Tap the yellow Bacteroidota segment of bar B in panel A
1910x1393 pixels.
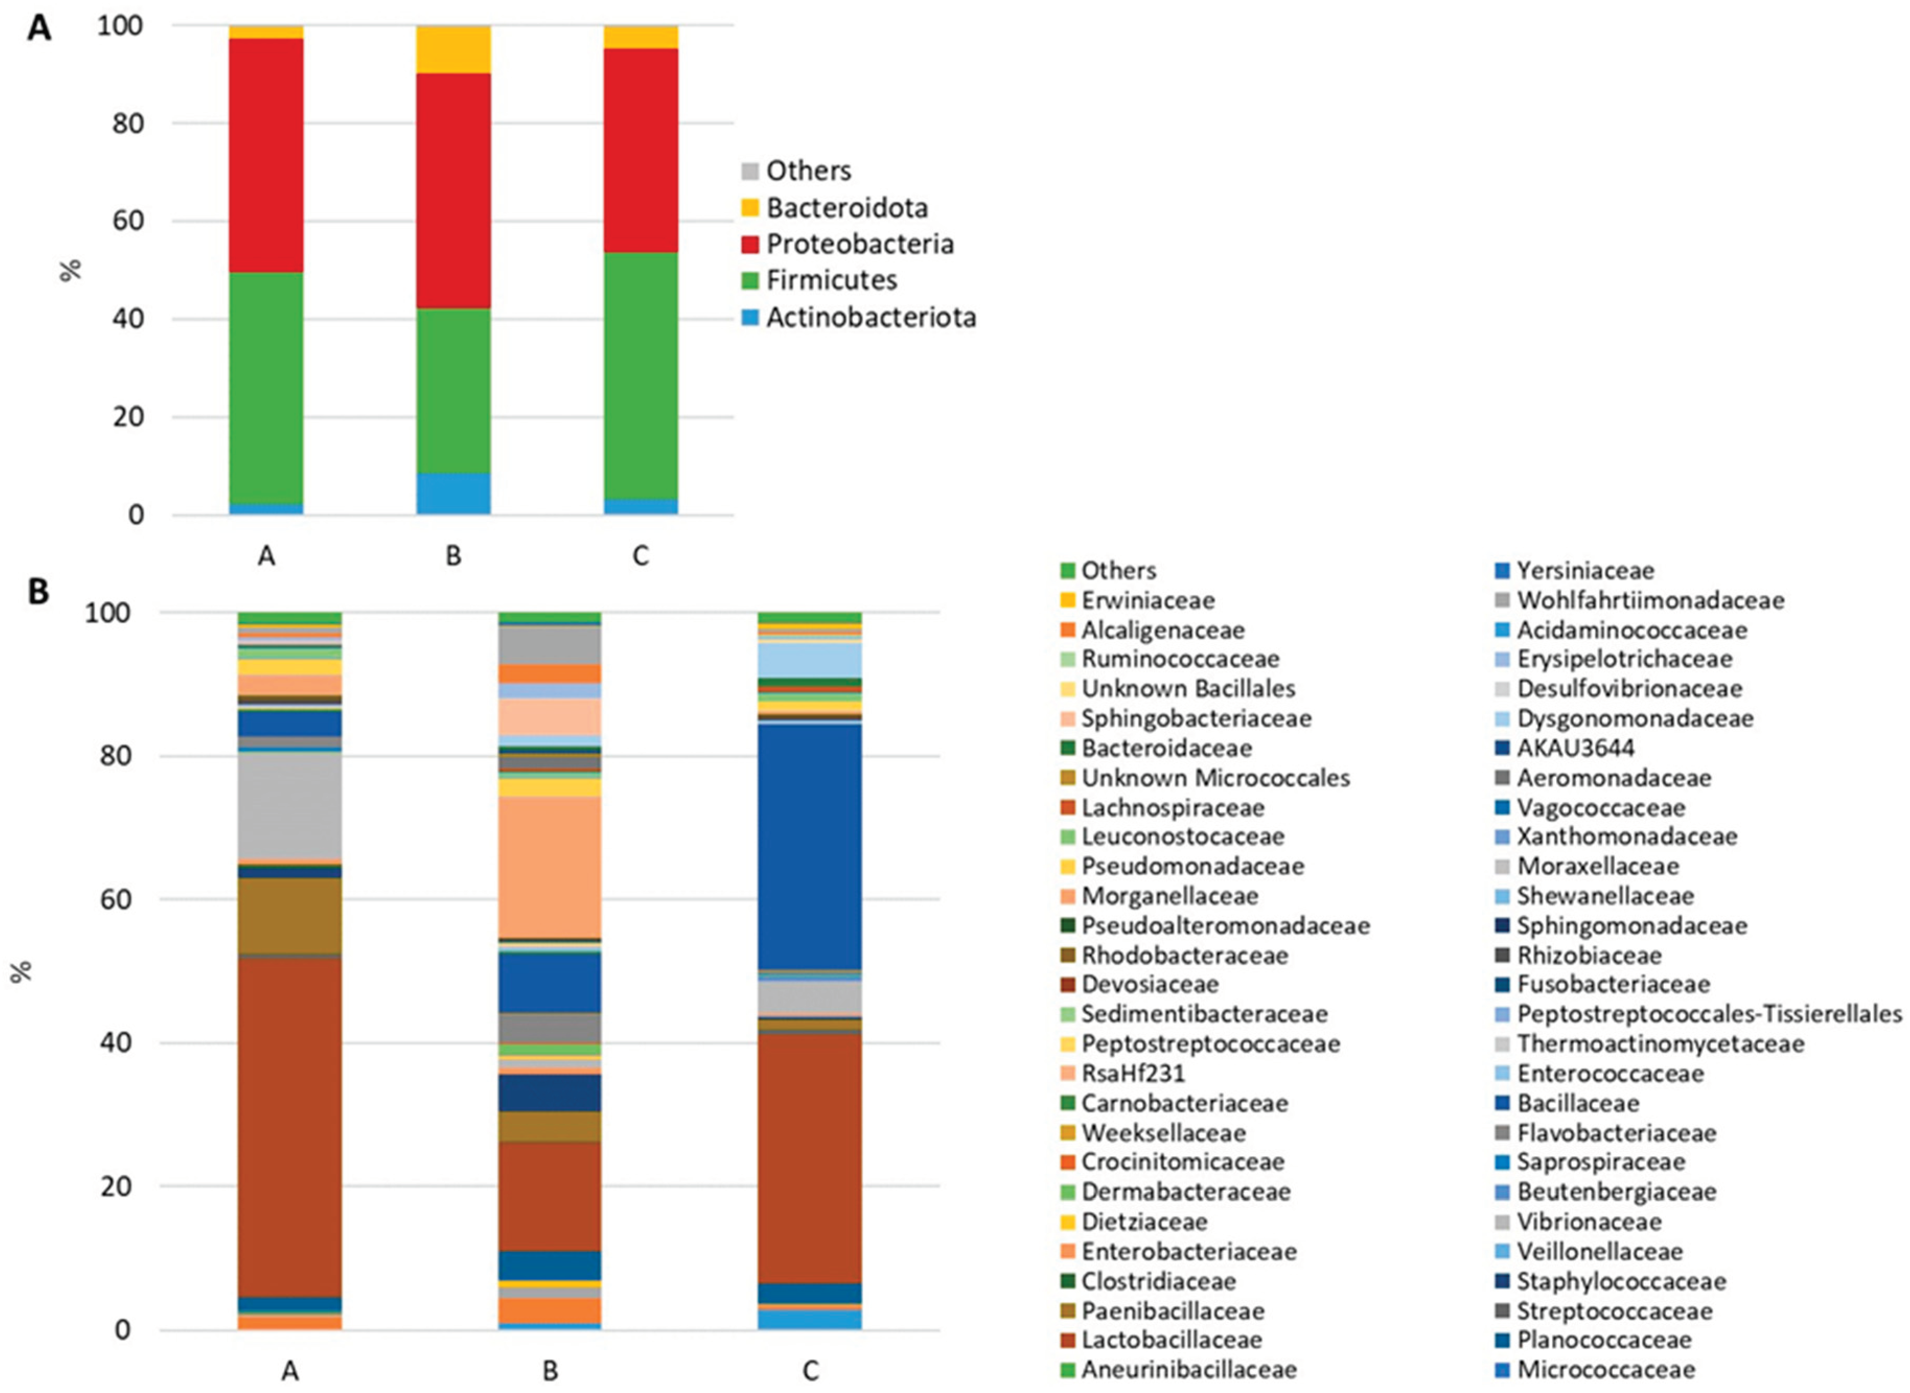(453, 49)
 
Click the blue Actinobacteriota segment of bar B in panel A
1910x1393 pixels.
(453, 494)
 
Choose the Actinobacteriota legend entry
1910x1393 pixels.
(870, 317)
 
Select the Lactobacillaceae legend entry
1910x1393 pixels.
(1171, 1340)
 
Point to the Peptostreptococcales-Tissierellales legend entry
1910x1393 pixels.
(1708, 1014)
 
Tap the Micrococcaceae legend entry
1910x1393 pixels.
(1605, 1369)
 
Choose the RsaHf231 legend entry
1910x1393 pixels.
(1132, 1073)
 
